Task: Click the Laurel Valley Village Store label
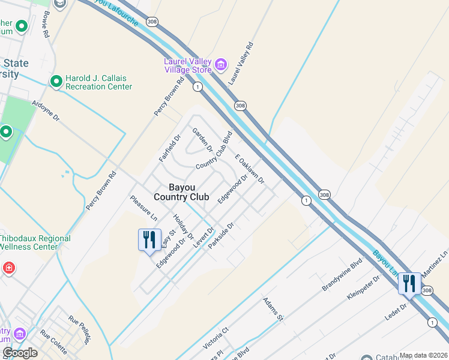click(188, 65)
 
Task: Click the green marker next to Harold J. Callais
click(56, 81)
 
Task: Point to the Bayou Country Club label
click(181, 192)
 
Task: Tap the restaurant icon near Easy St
click(149, 239)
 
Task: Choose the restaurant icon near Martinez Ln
click(409, 283)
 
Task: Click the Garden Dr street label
click(202, 140)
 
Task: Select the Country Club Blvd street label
click(214, 150)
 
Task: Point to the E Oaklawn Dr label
click(250, 170)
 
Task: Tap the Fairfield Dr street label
click(170, 149)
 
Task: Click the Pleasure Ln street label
click(143, 208)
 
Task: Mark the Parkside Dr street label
click(220, 238)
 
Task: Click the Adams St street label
click(272, 309)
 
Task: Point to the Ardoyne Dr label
click(46, 110)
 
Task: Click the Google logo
click(20, 353)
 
